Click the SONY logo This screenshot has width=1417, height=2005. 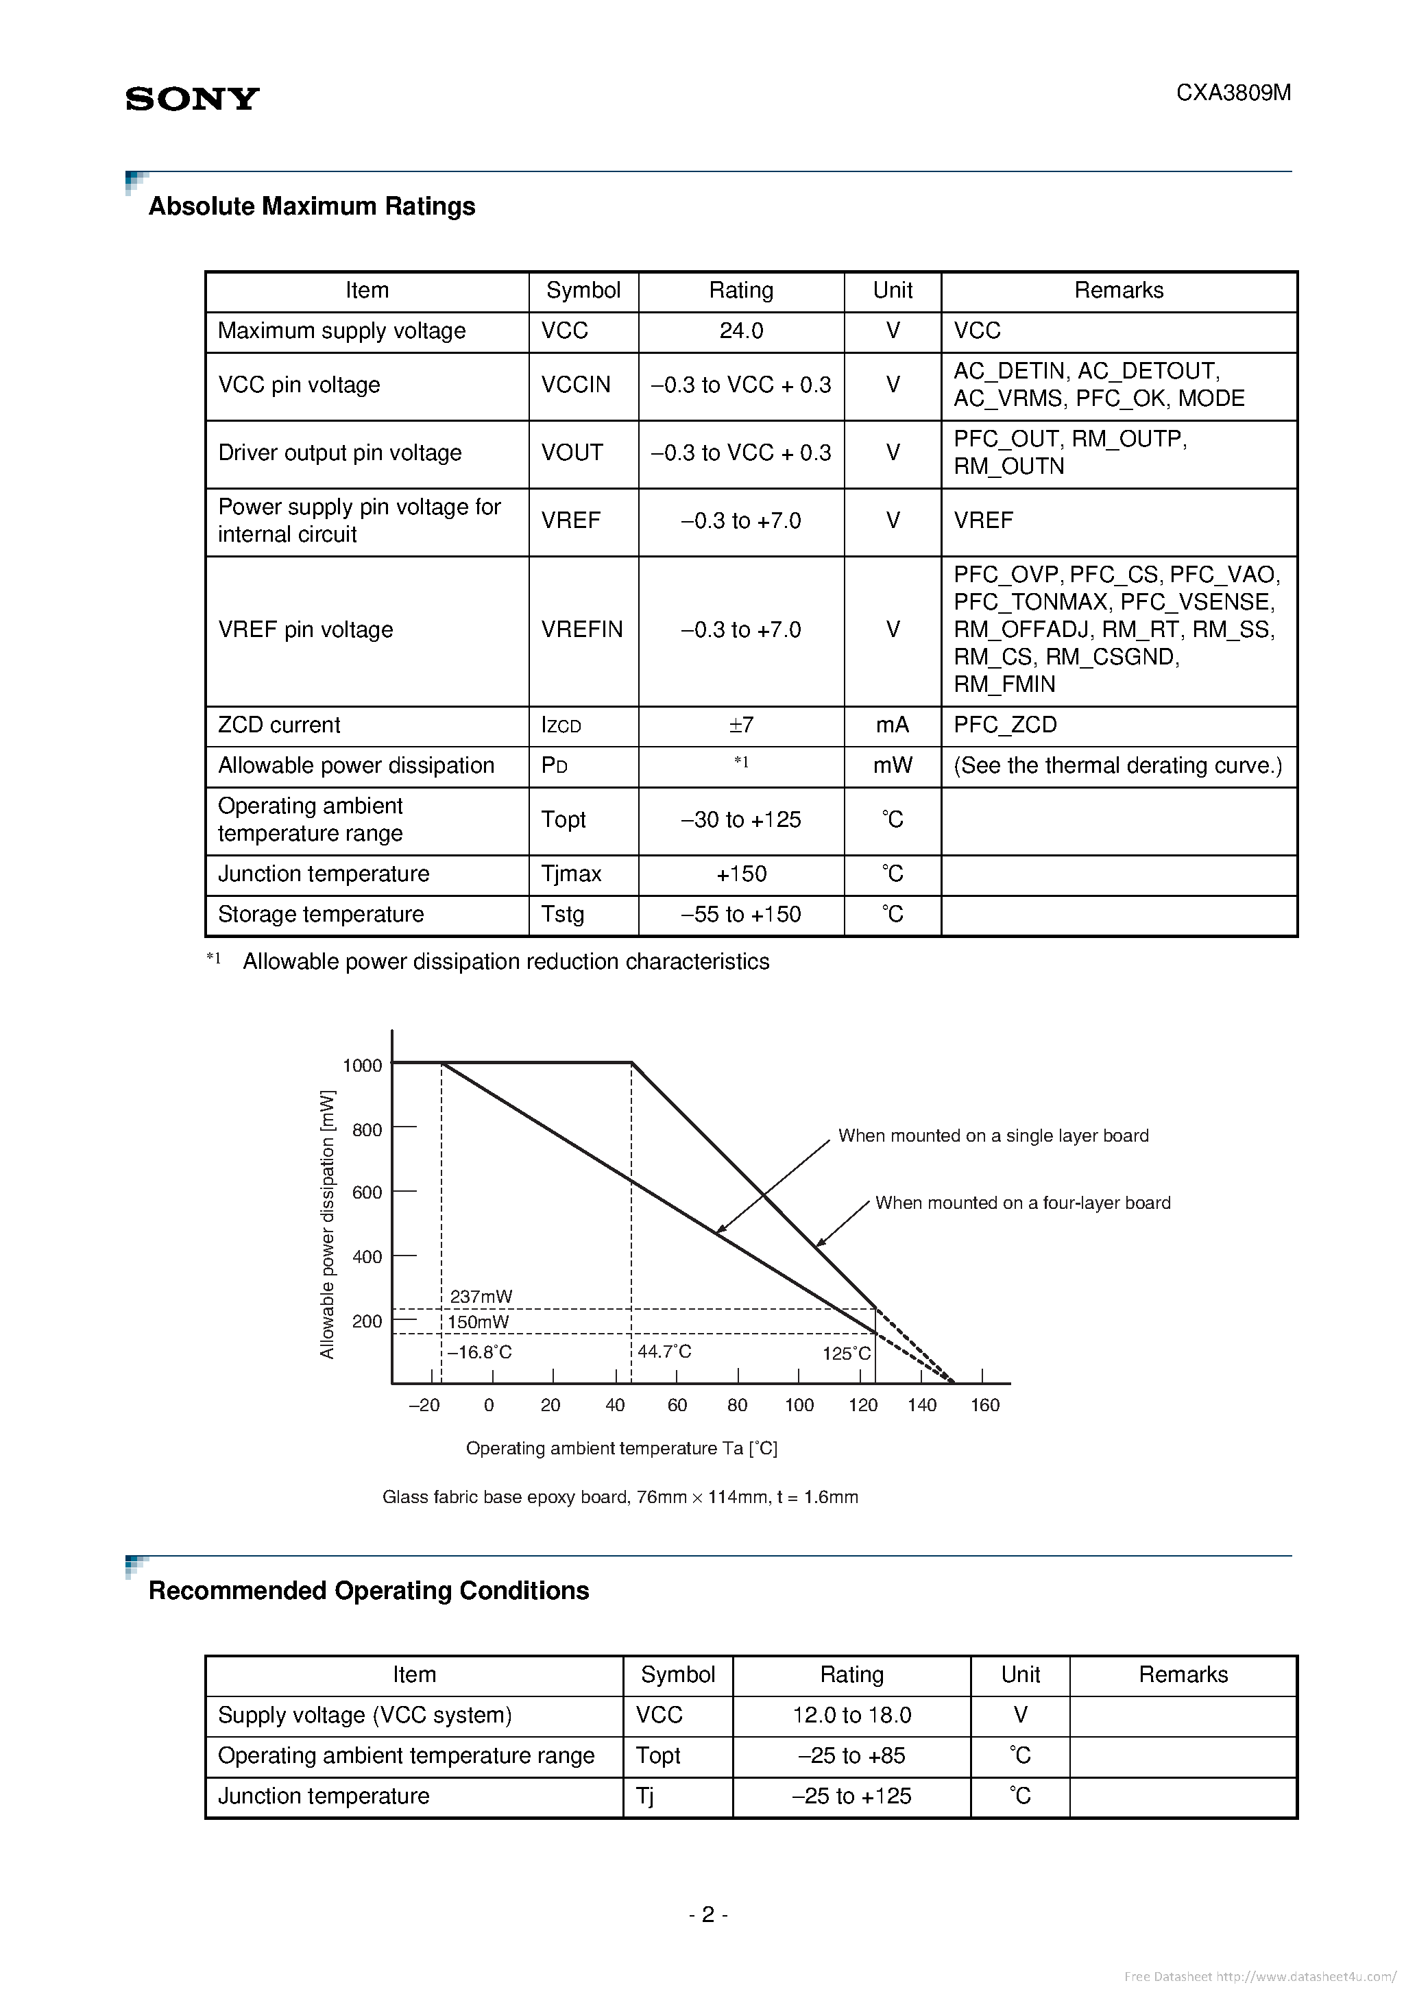tap(192, 99)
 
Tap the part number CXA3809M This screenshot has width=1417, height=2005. tap(1233, 93)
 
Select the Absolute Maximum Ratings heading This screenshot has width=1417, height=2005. tap(312, 207)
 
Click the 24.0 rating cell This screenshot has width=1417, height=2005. tap(740, 331)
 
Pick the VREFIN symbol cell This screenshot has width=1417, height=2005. tap(581, 629)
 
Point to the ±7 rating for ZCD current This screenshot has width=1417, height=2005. tap(740, 725)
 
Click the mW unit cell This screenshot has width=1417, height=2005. tap(893, 766)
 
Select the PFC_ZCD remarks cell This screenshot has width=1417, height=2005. tap(1005, 725)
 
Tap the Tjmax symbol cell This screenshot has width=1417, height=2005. tap(571, 874)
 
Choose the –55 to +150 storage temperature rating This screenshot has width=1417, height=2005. tap(740, 914)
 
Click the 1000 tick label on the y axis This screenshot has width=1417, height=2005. tap(363, 1066)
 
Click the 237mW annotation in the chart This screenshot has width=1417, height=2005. tap(481, 1297)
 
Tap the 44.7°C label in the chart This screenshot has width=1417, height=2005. tap(664, 1352)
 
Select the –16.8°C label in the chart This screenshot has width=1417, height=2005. tap(479, 1353)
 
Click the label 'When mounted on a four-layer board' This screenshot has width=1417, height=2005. tap(1022, 1203)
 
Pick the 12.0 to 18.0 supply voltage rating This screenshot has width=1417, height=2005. tap(851, 1715)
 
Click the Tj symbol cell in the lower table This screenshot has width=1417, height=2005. tap(645, 1797)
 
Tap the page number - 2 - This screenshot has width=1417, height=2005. tap(708, 1914)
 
